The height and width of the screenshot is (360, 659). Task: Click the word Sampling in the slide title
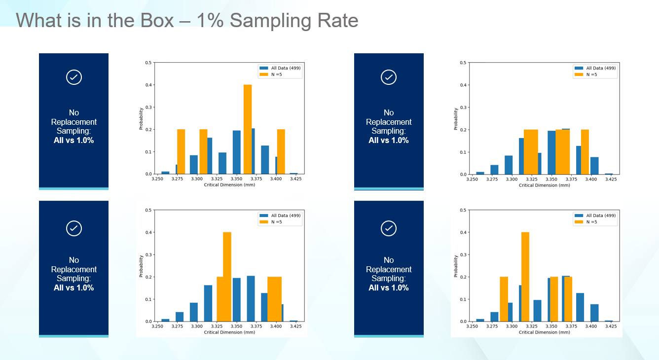[261, 21]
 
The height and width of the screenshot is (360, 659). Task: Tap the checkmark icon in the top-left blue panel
[73, 77]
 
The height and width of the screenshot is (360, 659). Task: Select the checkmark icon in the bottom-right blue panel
[389, 228]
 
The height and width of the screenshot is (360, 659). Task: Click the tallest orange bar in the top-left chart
[248, 129]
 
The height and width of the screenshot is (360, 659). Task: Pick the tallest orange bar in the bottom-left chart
[227, 276]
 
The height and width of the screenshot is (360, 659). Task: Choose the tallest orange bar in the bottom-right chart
[525, 276]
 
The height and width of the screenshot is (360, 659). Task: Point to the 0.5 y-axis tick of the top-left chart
[148, 63]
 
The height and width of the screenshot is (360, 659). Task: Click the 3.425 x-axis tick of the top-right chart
[611, 180]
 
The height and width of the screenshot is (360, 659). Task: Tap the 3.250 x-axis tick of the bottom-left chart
[157, 327]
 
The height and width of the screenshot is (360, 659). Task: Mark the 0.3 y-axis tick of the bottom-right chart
[464, 254]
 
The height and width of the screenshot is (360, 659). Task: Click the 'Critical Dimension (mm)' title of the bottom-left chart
[229, 332]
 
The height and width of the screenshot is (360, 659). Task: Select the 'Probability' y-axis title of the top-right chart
[456, 119]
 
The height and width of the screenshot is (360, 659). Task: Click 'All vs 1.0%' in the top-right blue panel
[389, 140]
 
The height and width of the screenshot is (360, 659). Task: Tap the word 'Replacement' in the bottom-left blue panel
[73, 269]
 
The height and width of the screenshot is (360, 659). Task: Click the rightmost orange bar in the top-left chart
[281, 151]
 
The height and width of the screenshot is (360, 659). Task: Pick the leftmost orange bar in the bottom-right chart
[504, 299]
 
